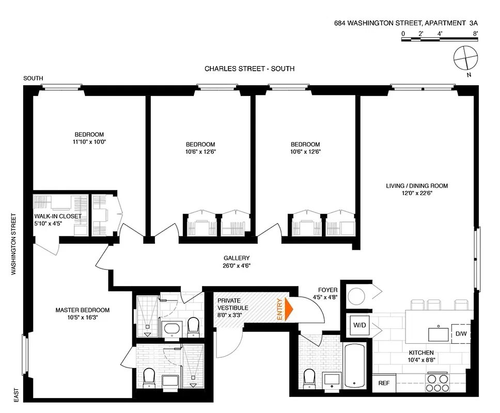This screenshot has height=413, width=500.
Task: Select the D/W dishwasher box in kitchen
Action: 461,333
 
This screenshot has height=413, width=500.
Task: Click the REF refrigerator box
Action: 384,383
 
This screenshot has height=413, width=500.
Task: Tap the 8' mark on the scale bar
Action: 475,33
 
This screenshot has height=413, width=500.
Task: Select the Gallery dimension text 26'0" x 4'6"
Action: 237,266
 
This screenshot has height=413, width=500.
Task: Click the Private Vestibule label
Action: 232,304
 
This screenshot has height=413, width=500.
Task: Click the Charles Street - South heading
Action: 249,68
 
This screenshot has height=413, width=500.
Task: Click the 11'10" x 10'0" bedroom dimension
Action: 89,141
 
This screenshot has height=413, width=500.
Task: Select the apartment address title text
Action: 406,23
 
